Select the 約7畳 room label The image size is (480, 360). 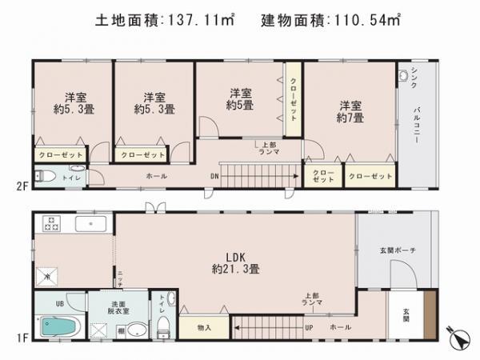pos(350,112)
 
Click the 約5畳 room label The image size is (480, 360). pos(239,98)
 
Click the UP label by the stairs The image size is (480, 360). pos(309,327)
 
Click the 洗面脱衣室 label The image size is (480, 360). pos(121,307)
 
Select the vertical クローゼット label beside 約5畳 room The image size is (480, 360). pos(294,100)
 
